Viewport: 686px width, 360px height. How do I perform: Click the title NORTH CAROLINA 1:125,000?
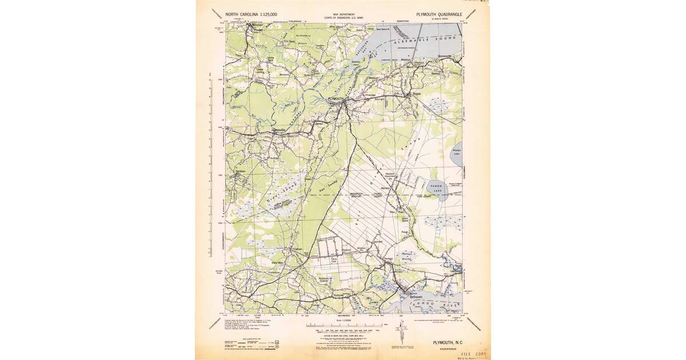click(x=252, y=13)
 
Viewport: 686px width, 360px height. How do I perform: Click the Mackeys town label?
click(x=406, y=59)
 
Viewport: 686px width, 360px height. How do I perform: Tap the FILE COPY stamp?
click(x=473, y=354)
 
